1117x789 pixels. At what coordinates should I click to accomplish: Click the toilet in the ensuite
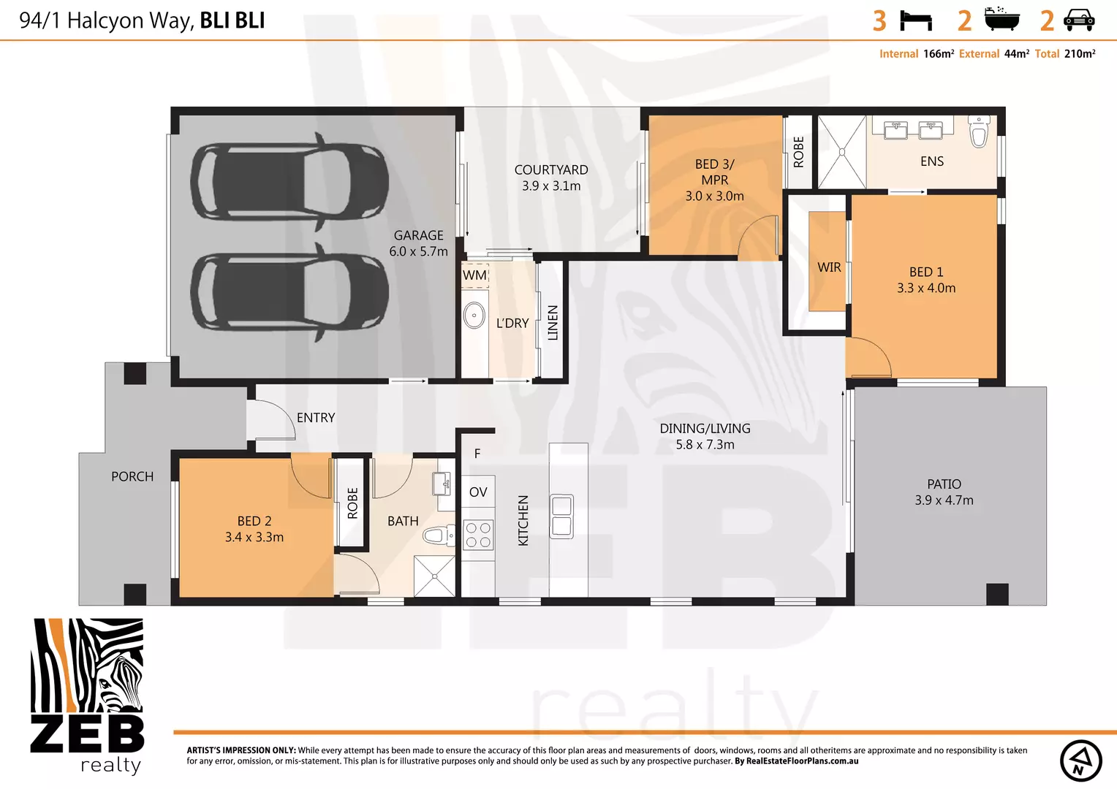coord(979,132)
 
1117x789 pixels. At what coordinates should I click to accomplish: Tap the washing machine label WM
coord(474,275)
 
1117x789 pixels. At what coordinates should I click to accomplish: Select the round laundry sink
coord(474,316)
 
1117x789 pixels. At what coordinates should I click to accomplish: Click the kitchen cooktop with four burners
coord(478,534)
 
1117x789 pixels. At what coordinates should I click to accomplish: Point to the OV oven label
coord(478,492)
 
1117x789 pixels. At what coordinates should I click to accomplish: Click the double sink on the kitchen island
coord(561,517)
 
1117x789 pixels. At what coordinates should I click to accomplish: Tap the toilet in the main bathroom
coord(436,536)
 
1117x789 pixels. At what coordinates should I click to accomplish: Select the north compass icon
coord(1080,761)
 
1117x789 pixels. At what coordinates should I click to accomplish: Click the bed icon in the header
coord(915,20)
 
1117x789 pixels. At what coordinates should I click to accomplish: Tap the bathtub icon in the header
coord(1001,20)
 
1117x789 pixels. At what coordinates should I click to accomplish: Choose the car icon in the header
coord(1079,20)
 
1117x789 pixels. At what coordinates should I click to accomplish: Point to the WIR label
coord(829,267)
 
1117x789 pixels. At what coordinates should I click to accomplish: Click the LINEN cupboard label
coord(553,322)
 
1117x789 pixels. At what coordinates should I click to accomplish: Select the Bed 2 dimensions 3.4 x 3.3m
coord(254,537)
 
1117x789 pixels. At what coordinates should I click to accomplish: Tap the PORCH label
coord(132,476)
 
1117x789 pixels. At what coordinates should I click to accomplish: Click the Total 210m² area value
coord(1079,54)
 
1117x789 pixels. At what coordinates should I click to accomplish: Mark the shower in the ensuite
coord(841,152)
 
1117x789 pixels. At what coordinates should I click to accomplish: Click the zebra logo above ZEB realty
coord(87,666)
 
